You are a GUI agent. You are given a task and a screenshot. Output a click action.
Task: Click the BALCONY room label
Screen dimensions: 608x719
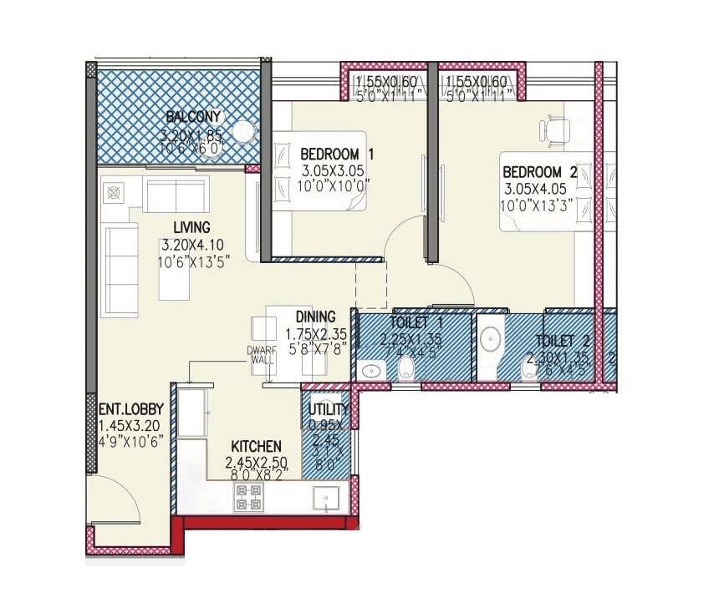pyautogui.click(x=192, y=116)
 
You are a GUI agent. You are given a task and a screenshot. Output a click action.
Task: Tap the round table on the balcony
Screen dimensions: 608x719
pyautogui.click(x=242, y=131)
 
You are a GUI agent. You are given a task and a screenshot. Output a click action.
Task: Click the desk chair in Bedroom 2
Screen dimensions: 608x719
pyautogui.click(x=555, y=129)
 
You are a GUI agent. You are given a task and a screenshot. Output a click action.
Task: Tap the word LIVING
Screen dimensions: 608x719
pyautogui.click(x=191, y=227)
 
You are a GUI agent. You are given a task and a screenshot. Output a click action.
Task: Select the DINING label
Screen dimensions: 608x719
pyautogui.click(x=315, y=317)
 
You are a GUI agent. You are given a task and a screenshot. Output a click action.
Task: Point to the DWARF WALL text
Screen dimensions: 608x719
pyautogui.click(x=261, y=355)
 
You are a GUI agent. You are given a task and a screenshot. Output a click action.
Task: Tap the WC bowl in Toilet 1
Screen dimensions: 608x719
pyautogui.click(x=405, y=369)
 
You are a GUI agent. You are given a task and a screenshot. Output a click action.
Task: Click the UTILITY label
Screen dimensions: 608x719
pyautogui.click(x=329, y=409)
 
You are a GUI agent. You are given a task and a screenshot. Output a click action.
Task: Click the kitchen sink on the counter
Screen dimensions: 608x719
pyautogui.click(x=325, y=498)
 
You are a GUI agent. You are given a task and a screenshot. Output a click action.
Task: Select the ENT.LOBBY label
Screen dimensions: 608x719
pyautogui.click(x=130, y=410)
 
